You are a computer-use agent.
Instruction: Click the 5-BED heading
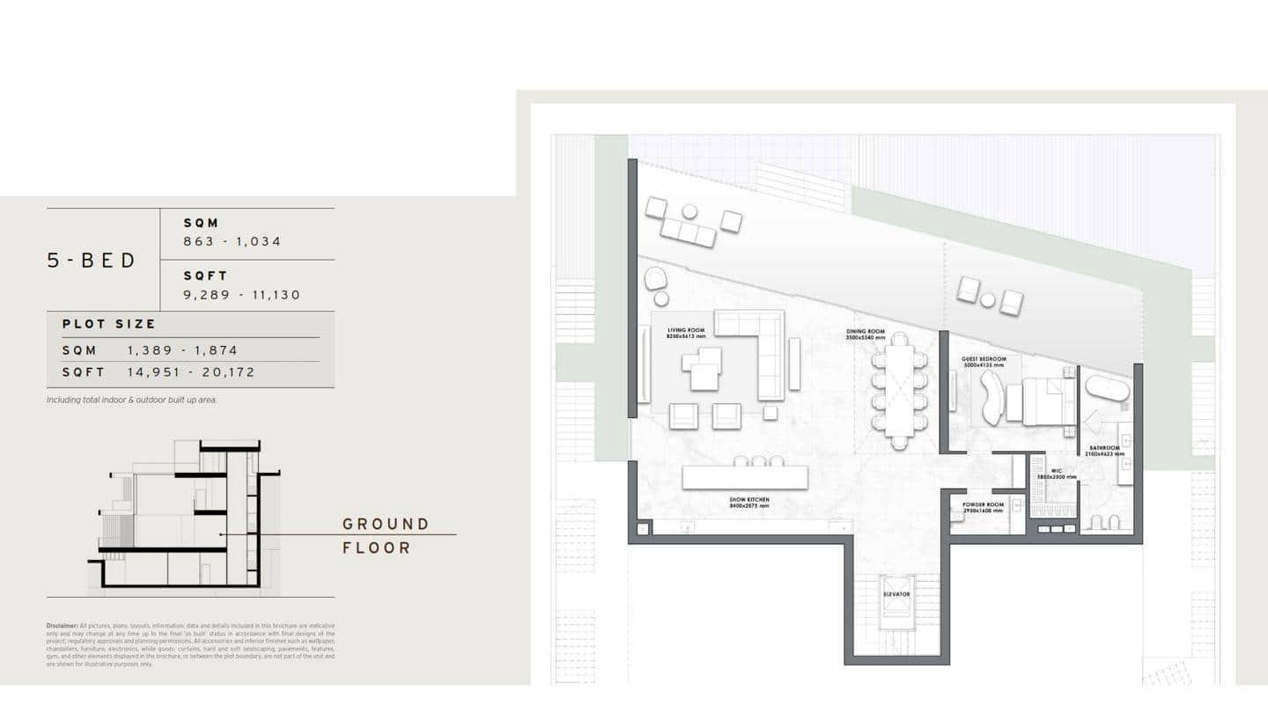(x=92, y=261)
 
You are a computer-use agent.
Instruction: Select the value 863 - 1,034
(x=232, y=241)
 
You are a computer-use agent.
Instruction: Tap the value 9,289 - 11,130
(x=242, y=295)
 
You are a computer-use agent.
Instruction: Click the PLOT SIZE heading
(x=109, y=324)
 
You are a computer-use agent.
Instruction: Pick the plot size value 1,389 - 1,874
(x=182, y=350)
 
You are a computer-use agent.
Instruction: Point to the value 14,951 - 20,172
(x=191, y=372)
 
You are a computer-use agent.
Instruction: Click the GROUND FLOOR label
(x=386, y=535)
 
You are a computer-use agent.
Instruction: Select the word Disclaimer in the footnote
(x=62, y=626)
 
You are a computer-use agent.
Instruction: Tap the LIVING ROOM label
(x=686, y=331)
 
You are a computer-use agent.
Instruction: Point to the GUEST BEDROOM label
(x=984, y=360)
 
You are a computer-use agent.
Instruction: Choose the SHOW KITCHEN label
(x=748, y=500)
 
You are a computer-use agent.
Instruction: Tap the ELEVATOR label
(x=896, y=594)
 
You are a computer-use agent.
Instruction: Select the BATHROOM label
(x=1103, y=448)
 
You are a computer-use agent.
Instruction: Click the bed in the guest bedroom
(x=1044, y=401)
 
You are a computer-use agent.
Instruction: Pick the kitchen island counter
(x=744, y=478)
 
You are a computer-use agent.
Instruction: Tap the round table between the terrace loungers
(x=988, y=300)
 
